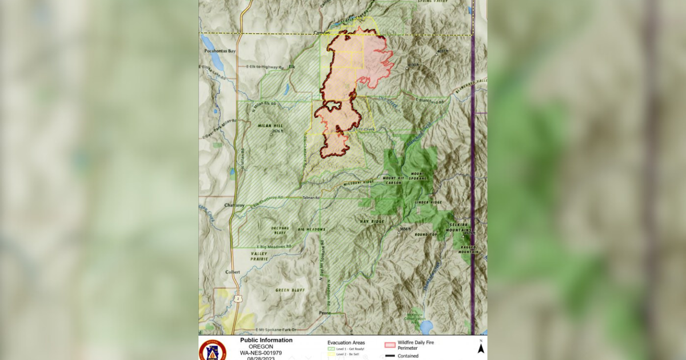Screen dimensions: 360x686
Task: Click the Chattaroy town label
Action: [217, 204]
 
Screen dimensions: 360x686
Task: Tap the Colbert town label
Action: [233, 271]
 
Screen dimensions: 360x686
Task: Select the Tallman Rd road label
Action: [310, 198]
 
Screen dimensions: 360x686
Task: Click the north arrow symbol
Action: [481, 348]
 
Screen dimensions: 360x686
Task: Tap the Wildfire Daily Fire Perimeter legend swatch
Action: [390, 345]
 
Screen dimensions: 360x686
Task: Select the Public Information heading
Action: [266, 340]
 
